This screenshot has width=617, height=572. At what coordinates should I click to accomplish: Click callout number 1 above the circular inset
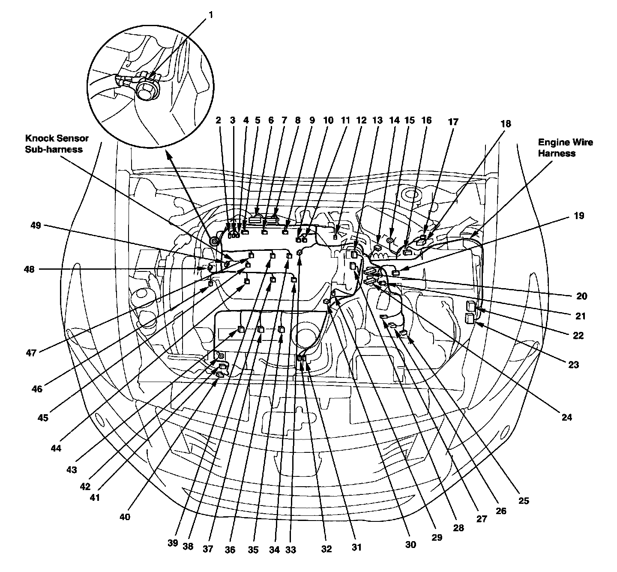point(210,15)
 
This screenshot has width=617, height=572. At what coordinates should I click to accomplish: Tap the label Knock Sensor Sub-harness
point(57,144)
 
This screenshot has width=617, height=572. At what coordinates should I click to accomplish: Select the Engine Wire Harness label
point(566,148)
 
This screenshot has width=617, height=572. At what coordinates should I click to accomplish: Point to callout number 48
point(30,269)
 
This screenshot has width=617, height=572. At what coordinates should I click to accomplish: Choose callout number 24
point(567,417)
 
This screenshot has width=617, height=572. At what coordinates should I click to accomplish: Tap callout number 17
point(453,122)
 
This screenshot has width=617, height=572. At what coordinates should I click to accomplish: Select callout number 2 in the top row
point(218,120)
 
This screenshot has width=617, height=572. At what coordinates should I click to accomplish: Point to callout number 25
point(524,500)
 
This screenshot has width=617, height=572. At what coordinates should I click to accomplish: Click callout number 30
point(410,544)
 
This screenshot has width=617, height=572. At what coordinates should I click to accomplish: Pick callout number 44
point(56,449)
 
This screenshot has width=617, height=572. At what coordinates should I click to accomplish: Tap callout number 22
point(578,335)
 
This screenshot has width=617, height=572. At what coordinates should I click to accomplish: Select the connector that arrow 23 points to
point(470,318)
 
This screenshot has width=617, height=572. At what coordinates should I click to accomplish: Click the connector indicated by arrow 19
point(396,273)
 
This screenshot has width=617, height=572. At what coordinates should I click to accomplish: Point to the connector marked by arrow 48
point(210,268)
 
